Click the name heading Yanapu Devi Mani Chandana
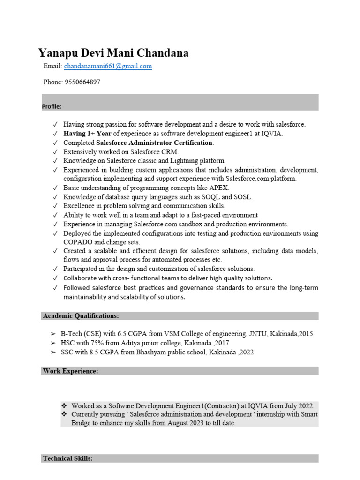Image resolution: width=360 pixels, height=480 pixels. pos(113,53)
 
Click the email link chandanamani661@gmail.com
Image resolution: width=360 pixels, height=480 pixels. pos(108,67)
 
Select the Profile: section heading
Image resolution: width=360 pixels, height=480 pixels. pos(52,106)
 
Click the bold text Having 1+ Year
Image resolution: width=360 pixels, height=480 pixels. pos(88,134)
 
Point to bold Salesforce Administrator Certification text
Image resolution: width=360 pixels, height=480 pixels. pos(154,142)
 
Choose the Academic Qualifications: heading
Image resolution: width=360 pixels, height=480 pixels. pos(81,316)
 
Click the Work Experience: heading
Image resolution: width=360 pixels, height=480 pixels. pos(70,371)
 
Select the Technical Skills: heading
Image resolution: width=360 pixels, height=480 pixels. pos(67,458)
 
